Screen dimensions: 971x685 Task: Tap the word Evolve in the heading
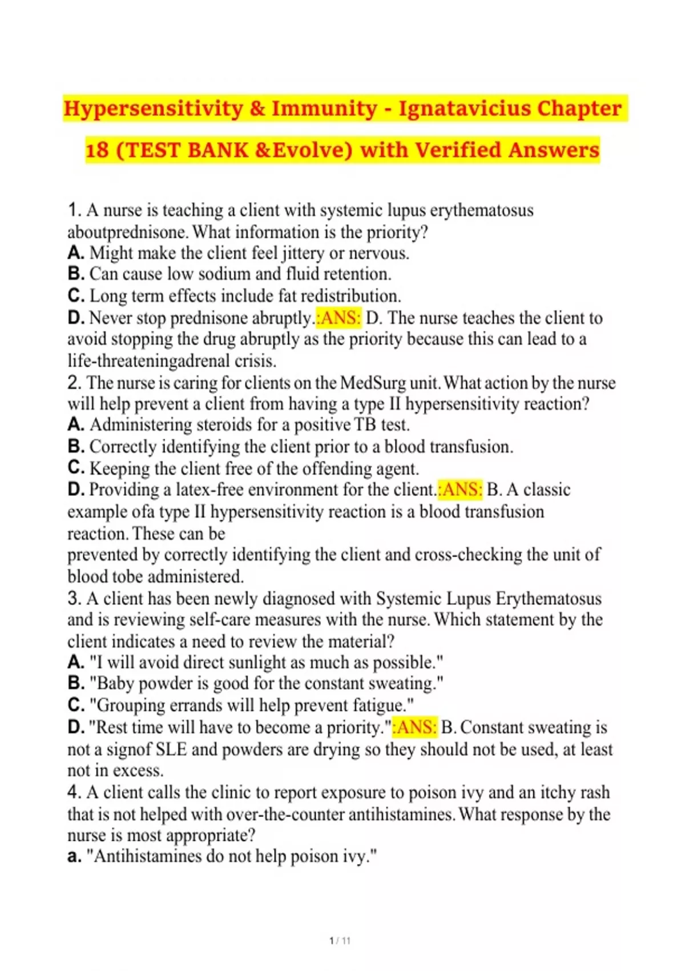308,150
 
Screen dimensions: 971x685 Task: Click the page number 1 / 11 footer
340,941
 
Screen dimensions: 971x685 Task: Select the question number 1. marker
75,210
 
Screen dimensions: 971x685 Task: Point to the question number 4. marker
75,792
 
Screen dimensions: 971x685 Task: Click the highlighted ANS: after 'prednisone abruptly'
341,318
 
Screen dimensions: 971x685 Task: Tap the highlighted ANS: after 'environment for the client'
462,489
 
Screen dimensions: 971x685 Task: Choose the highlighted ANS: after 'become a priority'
417,727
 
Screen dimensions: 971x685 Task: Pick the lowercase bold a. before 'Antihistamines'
74,857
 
